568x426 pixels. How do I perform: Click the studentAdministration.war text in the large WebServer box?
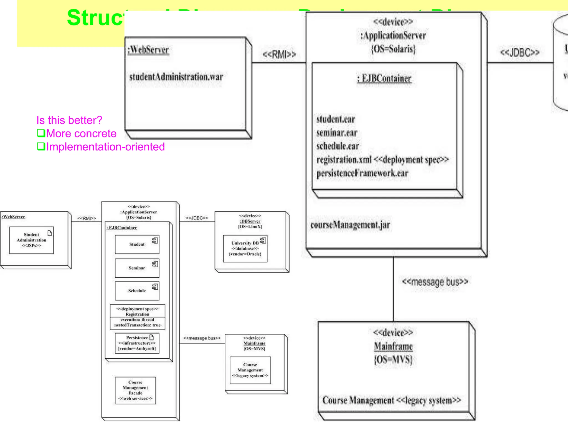(x=176, y=77)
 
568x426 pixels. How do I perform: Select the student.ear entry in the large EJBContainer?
(x=336, y=119)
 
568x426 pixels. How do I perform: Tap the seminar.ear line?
(x=337, y=133)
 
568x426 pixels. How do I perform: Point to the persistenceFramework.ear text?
(x=362, y=173)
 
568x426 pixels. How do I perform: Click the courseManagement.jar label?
(x=350, y=225)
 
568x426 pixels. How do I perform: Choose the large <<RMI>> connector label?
(x=279, y=54)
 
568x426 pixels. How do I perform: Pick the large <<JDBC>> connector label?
(x=519, y=52)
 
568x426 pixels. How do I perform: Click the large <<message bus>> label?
(x=435, y=282)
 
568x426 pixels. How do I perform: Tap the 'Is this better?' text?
(x=69, y=120)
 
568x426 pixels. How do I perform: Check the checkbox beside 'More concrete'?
(x=41, y=133)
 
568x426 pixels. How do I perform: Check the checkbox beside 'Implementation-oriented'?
(x=41, y=146)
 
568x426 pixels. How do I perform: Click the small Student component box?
(x=137, y=244)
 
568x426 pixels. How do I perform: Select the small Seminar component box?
(x=137, y=268)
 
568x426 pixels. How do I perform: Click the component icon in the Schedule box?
(x=155, y=286)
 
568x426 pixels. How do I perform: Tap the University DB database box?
(x=245, y=248)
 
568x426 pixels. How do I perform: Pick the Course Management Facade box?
(x=135, y=390)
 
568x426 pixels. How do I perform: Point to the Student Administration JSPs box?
(x=31, y=240)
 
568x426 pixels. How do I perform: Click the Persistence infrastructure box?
(x=137, y=343)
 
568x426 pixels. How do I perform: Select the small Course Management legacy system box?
(x=250, y=370)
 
